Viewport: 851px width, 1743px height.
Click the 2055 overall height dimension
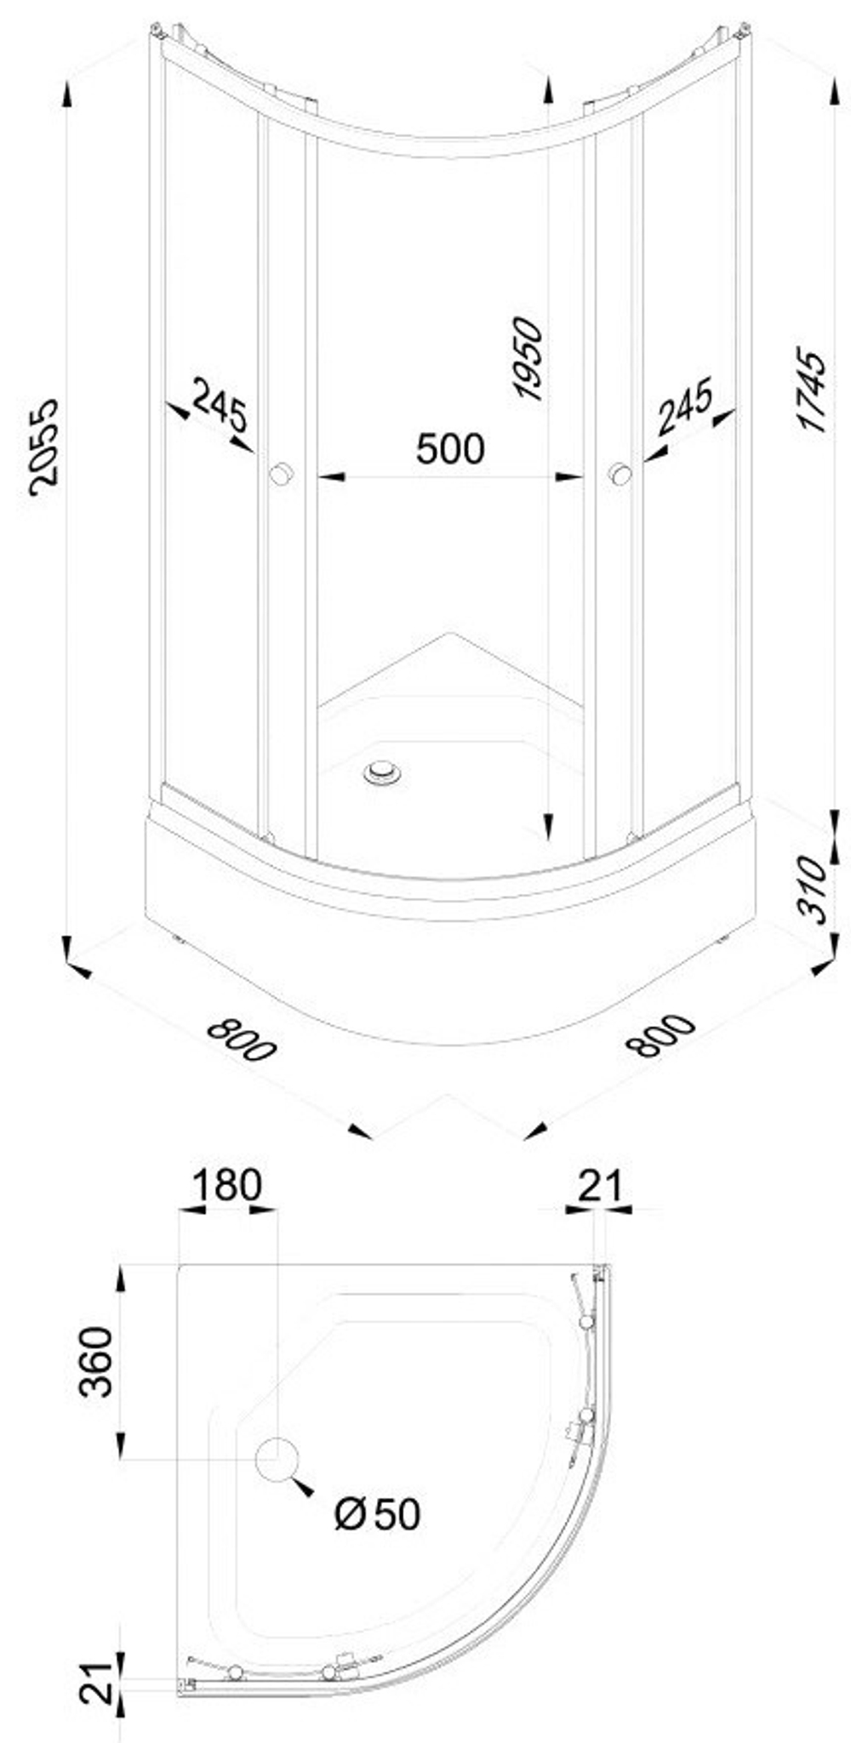[x=42, y=446]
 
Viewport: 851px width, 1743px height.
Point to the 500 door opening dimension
[x=450, y=448]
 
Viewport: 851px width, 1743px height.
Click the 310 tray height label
[x=811, y=890]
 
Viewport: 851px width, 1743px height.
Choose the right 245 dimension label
[x=684, y=407]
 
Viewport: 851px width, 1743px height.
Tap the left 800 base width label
[x=242, y=1039]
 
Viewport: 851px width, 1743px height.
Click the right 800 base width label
[x=660, y=1035]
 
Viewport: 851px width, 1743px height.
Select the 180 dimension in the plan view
[x=226, y=1185]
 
